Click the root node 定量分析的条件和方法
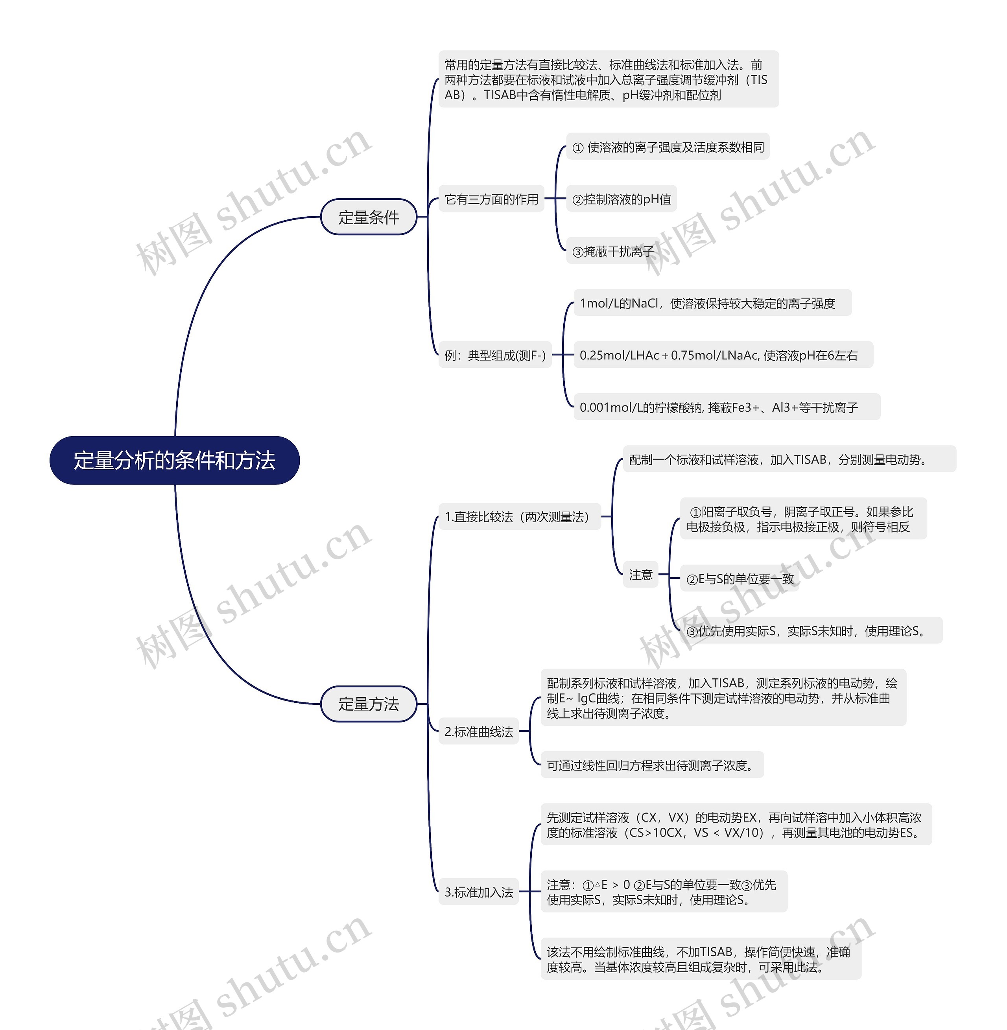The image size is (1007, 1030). (x=175, y=460)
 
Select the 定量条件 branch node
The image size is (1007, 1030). (x=369, y=217)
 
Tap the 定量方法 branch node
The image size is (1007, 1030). (x=369, y=704)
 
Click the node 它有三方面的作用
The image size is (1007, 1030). (x=491, y=199)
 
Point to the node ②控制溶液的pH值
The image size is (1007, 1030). (x=622, y=199)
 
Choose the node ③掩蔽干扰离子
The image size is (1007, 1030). (x=613, y=251)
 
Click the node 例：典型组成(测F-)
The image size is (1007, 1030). (x=495, y=355)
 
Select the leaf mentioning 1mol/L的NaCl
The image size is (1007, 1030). (x=712, y=303)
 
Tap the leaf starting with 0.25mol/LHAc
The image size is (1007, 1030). (x=723, y=355)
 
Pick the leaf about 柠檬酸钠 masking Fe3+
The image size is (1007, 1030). (x=726, y=407)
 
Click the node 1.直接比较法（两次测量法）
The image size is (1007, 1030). (x=519, y=517)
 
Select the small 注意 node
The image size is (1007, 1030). (x=640, y=574)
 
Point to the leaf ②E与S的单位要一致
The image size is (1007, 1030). (x=740, y=579)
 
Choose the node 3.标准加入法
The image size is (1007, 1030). (x=479, y=892)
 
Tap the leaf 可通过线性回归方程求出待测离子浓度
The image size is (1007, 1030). (x=651, y=765)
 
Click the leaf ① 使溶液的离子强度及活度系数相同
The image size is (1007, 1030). (x=668, y=147)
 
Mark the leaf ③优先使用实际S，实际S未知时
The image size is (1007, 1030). (x=810, y=631)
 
